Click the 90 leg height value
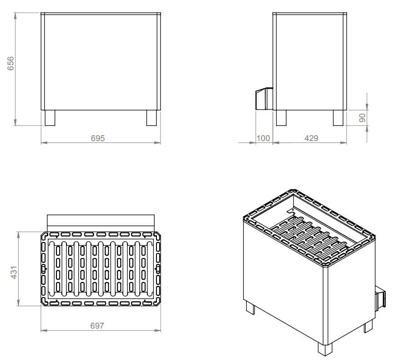pyautogui.click(x=363, y=118)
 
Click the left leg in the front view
pyautogui.click(x=50, y=118)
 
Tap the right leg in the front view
pyautogui.click(x=151, y=118)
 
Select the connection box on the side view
pyautogui.click(x=262, y=99)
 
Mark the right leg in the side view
pyautogui.click(x=338, y=118)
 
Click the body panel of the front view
pyautogui.click(x=101, y=61)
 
